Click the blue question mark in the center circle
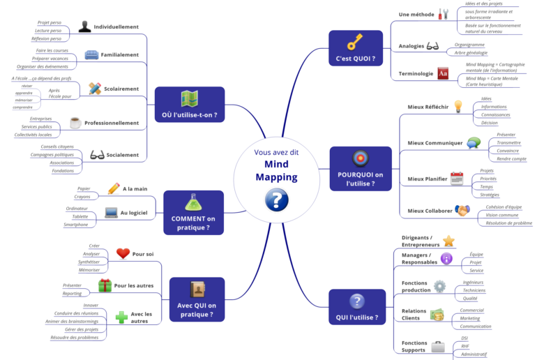tap(276, 201)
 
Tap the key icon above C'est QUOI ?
tap(355, 41)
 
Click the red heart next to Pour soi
tap(123, 253)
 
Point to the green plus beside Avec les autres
tap(122, 317)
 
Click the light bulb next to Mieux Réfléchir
tap(458, 106)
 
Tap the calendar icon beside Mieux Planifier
tap(457, 178)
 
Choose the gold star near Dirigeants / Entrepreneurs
tap(448, 241)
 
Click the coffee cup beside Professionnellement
tap(75, 123)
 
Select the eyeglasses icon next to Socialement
tap(97, 154)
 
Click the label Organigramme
tap(469, 44)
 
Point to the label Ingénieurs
tap(474, 282)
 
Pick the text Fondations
tap(63, 170)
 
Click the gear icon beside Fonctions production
tap(439, 285)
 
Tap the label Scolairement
tap(121, 89)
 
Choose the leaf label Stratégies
tap(490, 195)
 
